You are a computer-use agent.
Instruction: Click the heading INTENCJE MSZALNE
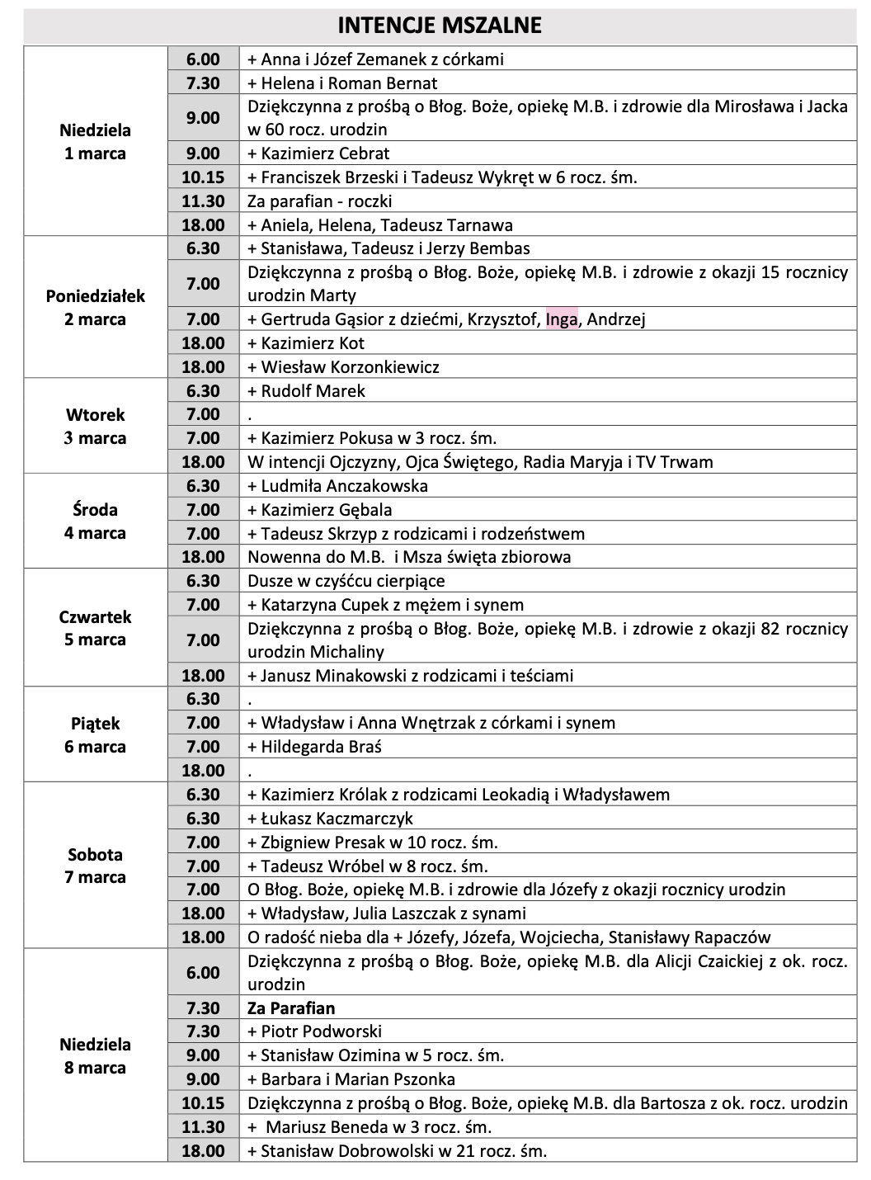click(x=439, y=26)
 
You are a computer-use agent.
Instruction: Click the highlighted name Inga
click(x=562, y=319)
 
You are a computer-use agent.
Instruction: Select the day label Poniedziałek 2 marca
click(x=96, y=308)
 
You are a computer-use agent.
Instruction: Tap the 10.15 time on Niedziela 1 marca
click(x=203, y=177)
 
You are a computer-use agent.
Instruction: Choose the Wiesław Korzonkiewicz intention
click(x=350, y=367)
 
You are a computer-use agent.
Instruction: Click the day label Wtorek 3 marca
click(x=96, y=427)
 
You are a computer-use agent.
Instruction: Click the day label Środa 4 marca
click(x=96, y=522)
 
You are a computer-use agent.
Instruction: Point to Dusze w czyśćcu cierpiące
click(x=346, y=581)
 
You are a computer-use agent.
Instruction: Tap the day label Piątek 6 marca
click(x=96, y=735)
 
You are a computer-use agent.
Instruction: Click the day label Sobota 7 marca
click(x=96, y=866)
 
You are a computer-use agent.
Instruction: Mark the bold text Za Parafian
click(x=291, y=1008)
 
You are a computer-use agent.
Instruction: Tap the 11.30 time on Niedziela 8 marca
click(x=203, y=1127)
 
